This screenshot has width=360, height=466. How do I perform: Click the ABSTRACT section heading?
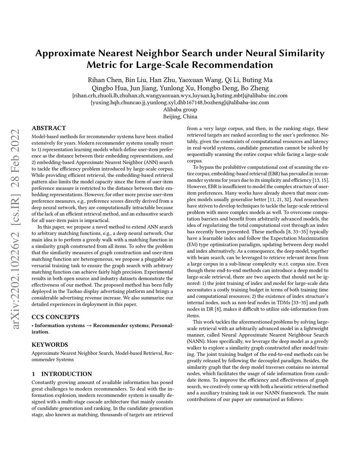point(49,128)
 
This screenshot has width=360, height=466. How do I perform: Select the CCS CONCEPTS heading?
point(55,317)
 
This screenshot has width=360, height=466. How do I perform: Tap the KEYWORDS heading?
point(50,345)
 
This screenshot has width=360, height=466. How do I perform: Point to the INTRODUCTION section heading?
point(62,374)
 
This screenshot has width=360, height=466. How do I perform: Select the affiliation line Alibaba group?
point(180,109)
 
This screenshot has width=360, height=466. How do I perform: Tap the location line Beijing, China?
point(180,116)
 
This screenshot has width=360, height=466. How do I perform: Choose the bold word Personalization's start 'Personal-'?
point(162,325)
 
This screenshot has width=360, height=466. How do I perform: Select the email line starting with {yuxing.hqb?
point(180,102)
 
